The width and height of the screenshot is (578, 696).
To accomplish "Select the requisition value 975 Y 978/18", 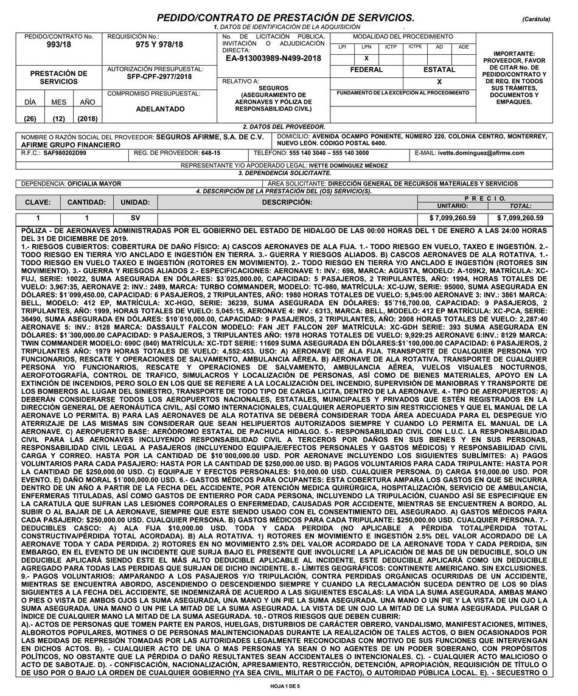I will (159, 45).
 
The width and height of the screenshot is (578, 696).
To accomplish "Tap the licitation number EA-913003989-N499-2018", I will (273, 58).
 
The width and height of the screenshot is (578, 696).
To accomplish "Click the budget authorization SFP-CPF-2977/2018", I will (159, 77).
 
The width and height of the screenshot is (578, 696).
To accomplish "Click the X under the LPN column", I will (366, 58).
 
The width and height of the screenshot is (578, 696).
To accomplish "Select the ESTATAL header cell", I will (439, 69).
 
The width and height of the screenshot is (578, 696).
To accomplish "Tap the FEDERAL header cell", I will (366, 69).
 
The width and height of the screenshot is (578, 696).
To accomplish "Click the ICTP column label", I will (391, 47).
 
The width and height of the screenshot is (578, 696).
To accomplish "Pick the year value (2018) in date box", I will (88, 119).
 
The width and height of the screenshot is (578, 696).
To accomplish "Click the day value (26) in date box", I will (30, 119).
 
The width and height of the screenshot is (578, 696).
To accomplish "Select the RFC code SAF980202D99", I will (65, 153).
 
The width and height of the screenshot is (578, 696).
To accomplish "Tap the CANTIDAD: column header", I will (86, 202).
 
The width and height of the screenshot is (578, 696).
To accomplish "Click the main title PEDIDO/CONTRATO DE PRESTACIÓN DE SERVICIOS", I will (286, 18).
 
